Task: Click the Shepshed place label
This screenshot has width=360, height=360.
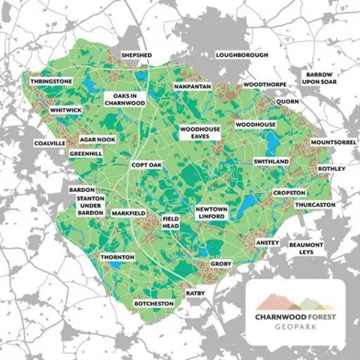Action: [136, 55]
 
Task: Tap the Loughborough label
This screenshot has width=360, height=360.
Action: [241, 55]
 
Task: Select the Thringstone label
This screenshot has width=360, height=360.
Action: [52, 80]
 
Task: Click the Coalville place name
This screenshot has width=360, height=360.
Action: [50, 142]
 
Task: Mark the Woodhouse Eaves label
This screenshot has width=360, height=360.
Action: [200, 134]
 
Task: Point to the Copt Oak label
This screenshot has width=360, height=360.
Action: [145, 164]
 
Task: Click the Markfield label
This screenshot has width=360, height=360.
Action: [128, 214]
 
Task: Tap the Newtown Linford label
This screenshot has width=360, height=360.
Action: [211, 212]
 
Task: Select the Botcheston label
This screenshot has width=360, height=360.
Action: [154, 303]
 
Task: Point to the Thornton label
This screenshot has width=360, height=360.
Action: [118, 256]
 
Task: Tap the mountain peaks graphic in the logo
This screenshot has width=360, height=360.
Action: [294, 303]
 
